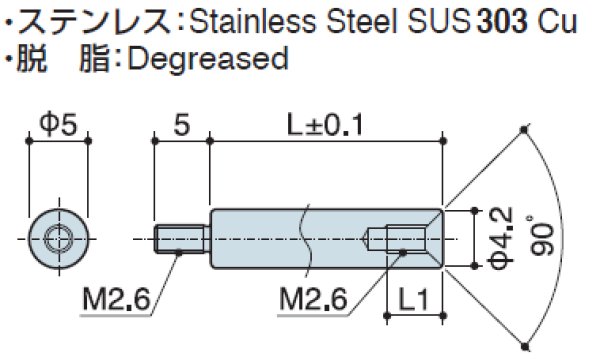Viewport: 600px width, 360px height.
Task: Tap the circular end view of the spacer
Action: pyautogui.click(x=59, y=240)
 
